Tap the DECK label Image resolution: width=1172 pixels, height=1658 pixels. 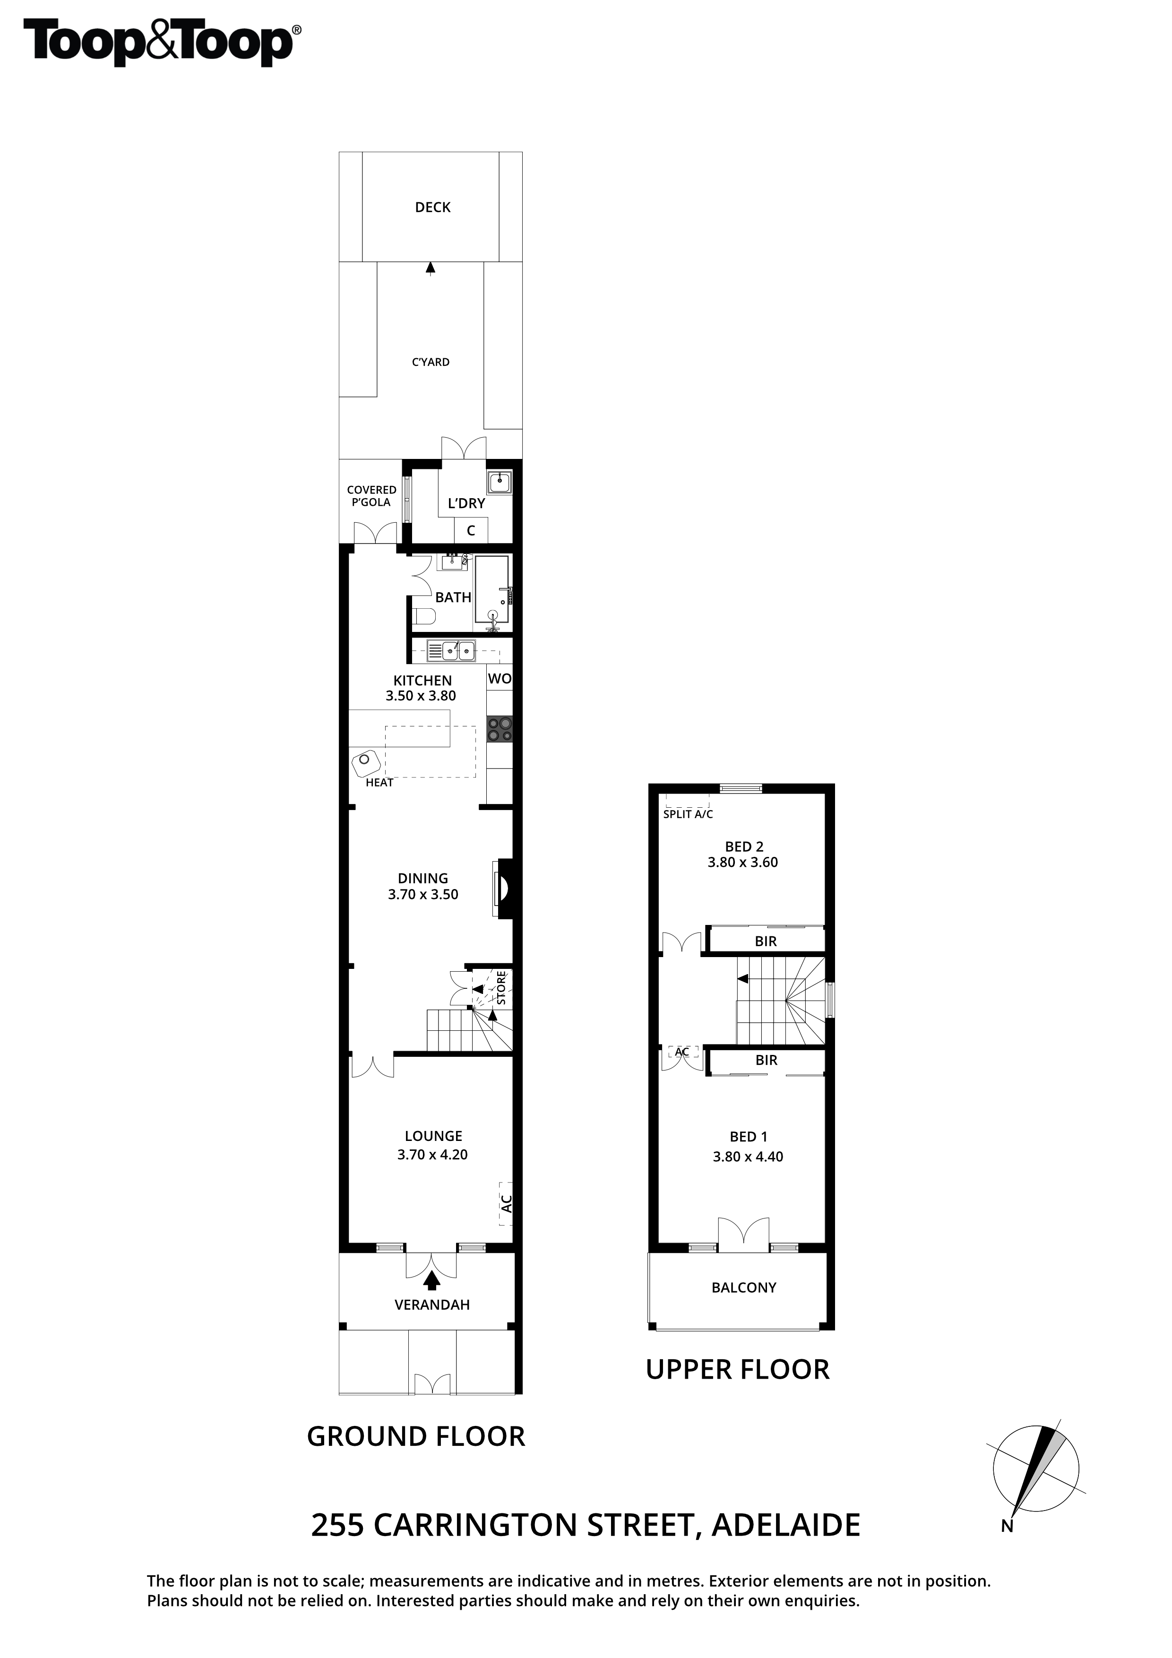point(432,207)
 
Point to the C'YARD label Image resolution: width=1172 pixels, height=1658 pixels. point(431,362)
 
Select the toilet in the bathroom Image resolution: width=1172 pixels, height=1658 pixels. point(424,616)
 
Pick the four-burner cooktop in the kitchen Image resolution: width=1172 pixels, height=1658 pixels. point(500,729)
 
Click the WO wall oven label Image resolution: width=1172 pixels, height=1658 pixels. point(500,678)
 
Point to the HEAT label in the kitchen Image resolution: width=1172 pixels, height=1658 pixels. point(379,782)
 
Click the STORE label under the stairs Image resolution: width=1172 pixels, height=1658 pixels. point(501,988)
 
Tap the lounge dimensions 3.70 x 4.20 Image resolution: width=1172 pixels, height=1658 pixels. point(432,1155)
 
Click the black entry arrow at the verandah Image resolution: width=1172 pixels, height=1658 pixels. point(432,1280)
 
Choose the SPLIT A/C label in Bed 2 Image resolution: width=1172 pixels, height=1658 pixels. point(688,814)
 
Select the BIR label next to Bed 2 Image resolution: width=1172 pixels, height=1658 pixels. point(766,941)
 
